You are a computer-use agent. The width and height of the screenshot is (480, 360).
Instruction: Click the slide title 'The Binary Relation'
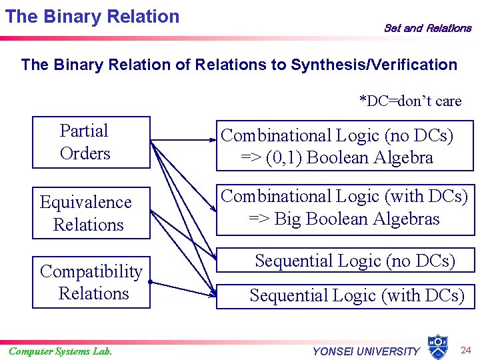(x=92, y=17)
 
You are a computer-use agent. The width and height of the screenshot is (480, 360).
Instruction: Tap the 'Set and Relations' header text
(x=427, y=28)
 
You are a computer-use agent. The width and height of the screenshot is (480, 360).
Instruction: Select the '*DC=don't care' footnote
(x=410, y=101)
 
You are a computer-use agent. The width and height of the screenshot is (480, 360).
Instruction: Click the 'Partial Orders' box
(x=91, y=142)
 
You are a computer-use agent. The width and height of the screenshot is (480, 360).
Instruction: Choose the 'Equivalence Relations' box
(x=91, y=213)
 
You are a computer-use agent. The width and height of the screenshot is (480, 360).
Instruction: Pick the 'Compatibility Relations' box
(x=91, y=283)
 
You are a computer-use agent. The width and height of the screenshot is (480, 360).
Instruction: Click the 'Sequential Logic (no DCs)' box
(x=355, y=261)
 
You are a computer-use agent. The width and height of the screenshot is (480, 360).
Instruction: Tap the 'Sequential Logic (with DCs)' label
(x=357, y=295)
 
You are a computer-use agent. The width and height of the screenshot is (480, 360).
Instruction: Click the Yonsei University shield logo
(x=437, y=345)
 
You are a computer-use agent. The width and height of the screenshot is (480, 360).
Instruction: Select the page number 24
(x=466, y=350)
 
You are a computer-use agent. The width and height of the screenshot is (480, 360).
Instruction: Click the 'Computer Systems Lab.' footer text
(x=60, y=351)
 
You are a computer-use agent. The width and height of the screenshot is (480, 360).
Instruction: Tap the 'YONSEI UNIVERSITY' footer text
(x=366, y=351)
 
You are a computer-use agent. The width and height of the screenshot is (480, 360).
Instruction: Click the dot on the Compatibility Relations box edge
(x=151, y=283)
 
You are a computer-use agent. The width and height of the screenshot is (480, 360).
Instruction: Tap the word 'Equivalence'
(x=86, y=202)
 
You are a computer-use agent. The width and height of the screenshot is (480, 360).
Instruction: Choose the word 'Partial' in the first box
(x=83, y=131)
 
